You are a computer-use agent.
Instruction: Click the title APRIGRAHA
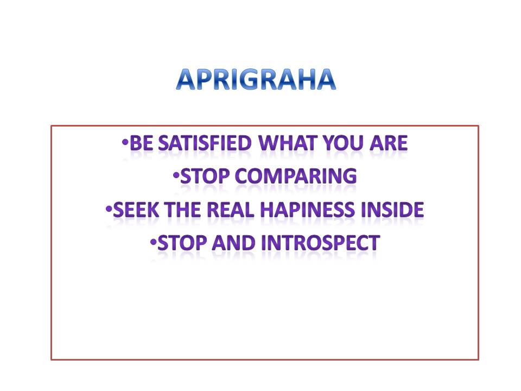pos(256,79)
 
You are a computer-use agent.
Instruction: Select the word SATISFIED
pos(205,143)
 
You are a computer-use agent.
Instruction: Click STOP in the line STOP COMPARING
pos(205,176)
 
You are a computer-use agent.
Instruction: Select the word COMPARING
pos(296,176)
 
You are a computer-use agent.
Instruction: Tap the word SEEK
pos(136,210)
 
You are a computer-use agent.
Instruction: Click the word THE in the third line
pos(182,210)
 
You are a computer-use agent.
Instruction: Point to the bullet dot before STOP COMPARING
pos(176,175)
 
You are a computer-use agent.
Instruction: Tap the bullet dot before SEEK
pos(109,209)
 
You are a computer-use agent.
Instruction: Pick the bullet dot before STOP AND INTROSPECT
pos(153,242)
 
